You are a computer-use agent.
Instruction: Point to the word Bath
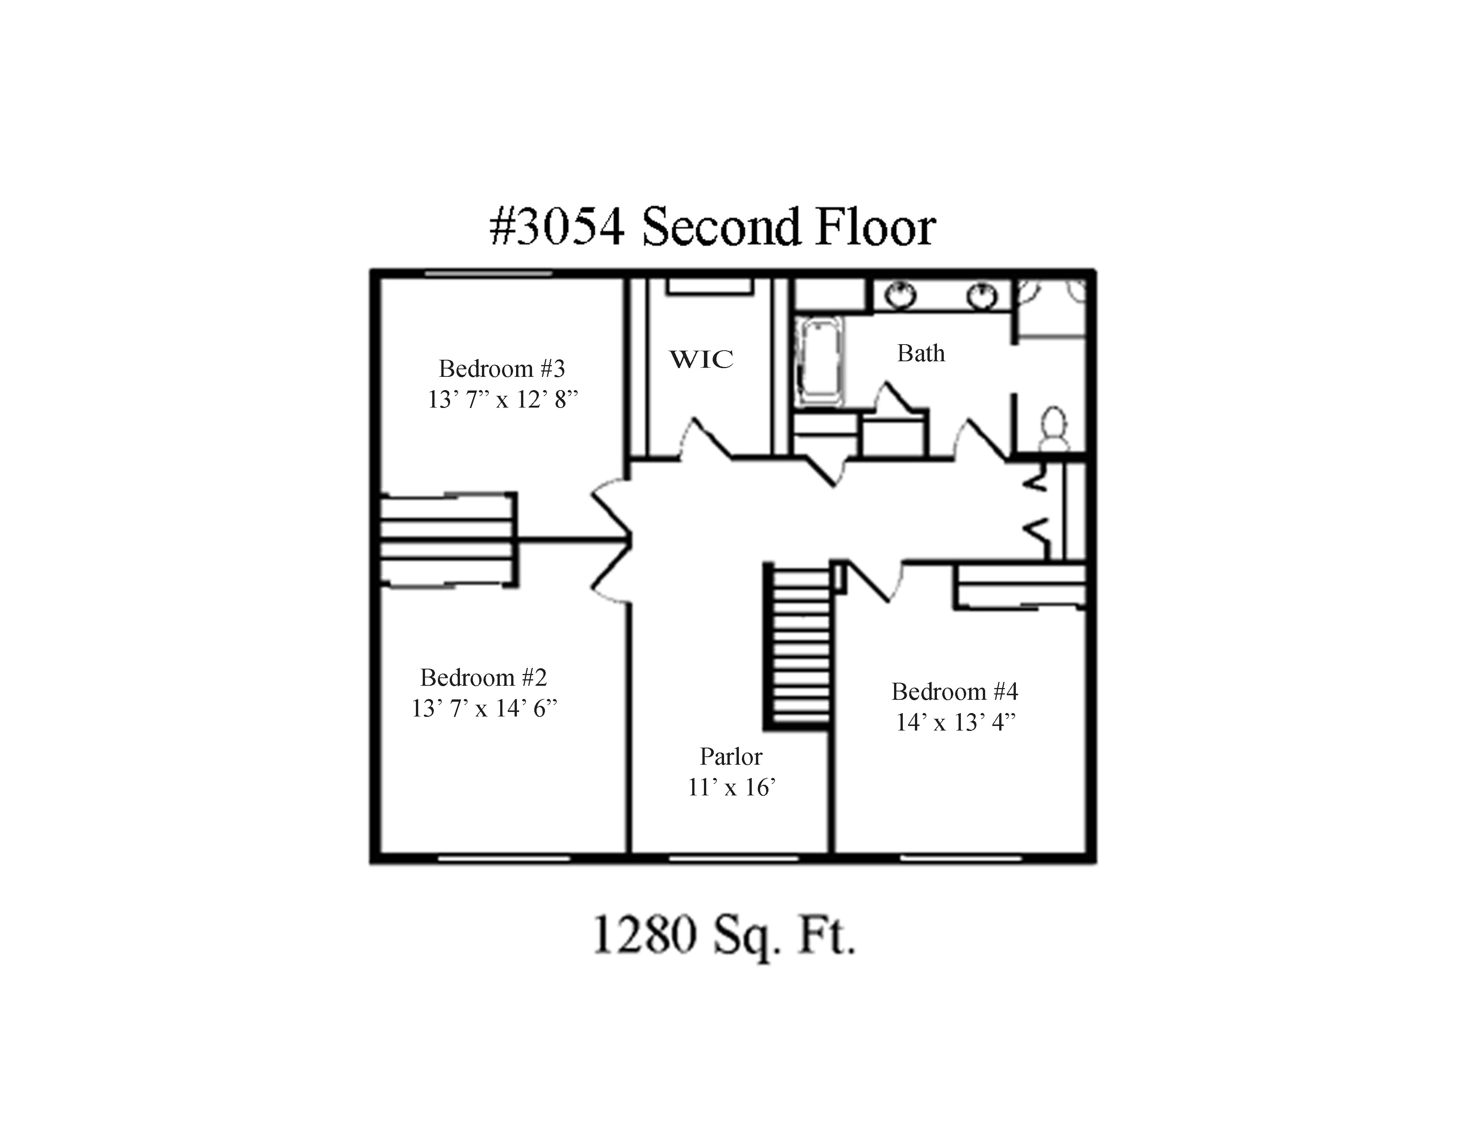(x=921, y=353)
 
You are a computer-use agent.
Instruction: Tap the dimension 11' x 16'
(x=731, y=787)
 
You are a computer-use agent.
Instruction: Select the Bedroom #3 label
(x=502, y=368)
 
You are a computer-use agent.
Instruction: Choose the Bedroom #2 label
(x=484, y=677)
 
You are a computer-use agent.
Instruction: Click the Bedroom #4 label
(x=955, y=691)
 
